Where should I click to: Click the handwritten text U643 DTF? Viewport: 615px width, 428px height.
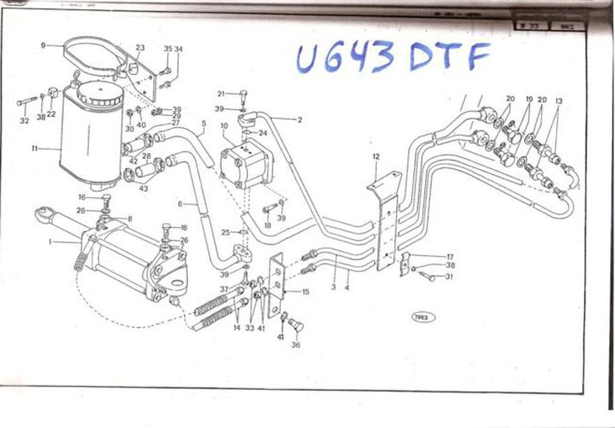click(392, 56)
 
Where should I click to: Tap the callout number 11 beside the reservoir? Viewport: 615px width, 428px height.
click(35, 149)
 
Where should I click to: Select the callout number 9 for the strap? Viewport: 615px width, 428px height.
click(43, 45)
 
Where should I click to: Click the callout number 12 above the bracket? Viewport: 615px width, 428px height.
click(377, 156)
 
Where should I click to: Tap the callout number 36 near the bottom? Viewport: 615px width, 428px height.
click(296, 345)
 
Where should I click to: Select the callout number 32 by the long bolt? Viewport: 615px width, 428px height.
click(25, 121)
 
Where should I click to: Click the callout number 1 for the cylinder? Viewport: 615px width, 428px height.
click(50, 241)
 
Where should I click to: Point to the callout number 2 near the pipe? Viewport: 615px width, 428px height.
click(299, 120)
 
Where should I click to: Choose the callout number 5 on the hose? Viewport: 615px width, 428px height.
click(203, 123)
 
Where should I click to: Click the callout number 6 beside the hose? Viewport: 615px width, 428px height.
click(180, 204)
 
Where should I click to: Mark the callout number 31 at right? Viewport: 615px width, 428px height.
click(450, 276)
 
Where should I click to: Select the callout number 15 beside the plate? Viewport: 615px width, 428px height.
click(306, 291)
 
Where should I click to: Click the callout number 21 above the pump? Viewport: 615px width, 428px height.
click(221, 93)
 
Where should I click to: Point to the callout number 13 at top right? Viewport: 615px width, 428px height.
click(558, 100)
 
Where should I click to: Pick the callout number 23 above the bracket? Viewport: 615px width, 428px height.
click(140, 48)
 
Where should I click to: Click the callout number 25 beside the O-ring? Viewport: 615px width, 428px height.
click(225, 232)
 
